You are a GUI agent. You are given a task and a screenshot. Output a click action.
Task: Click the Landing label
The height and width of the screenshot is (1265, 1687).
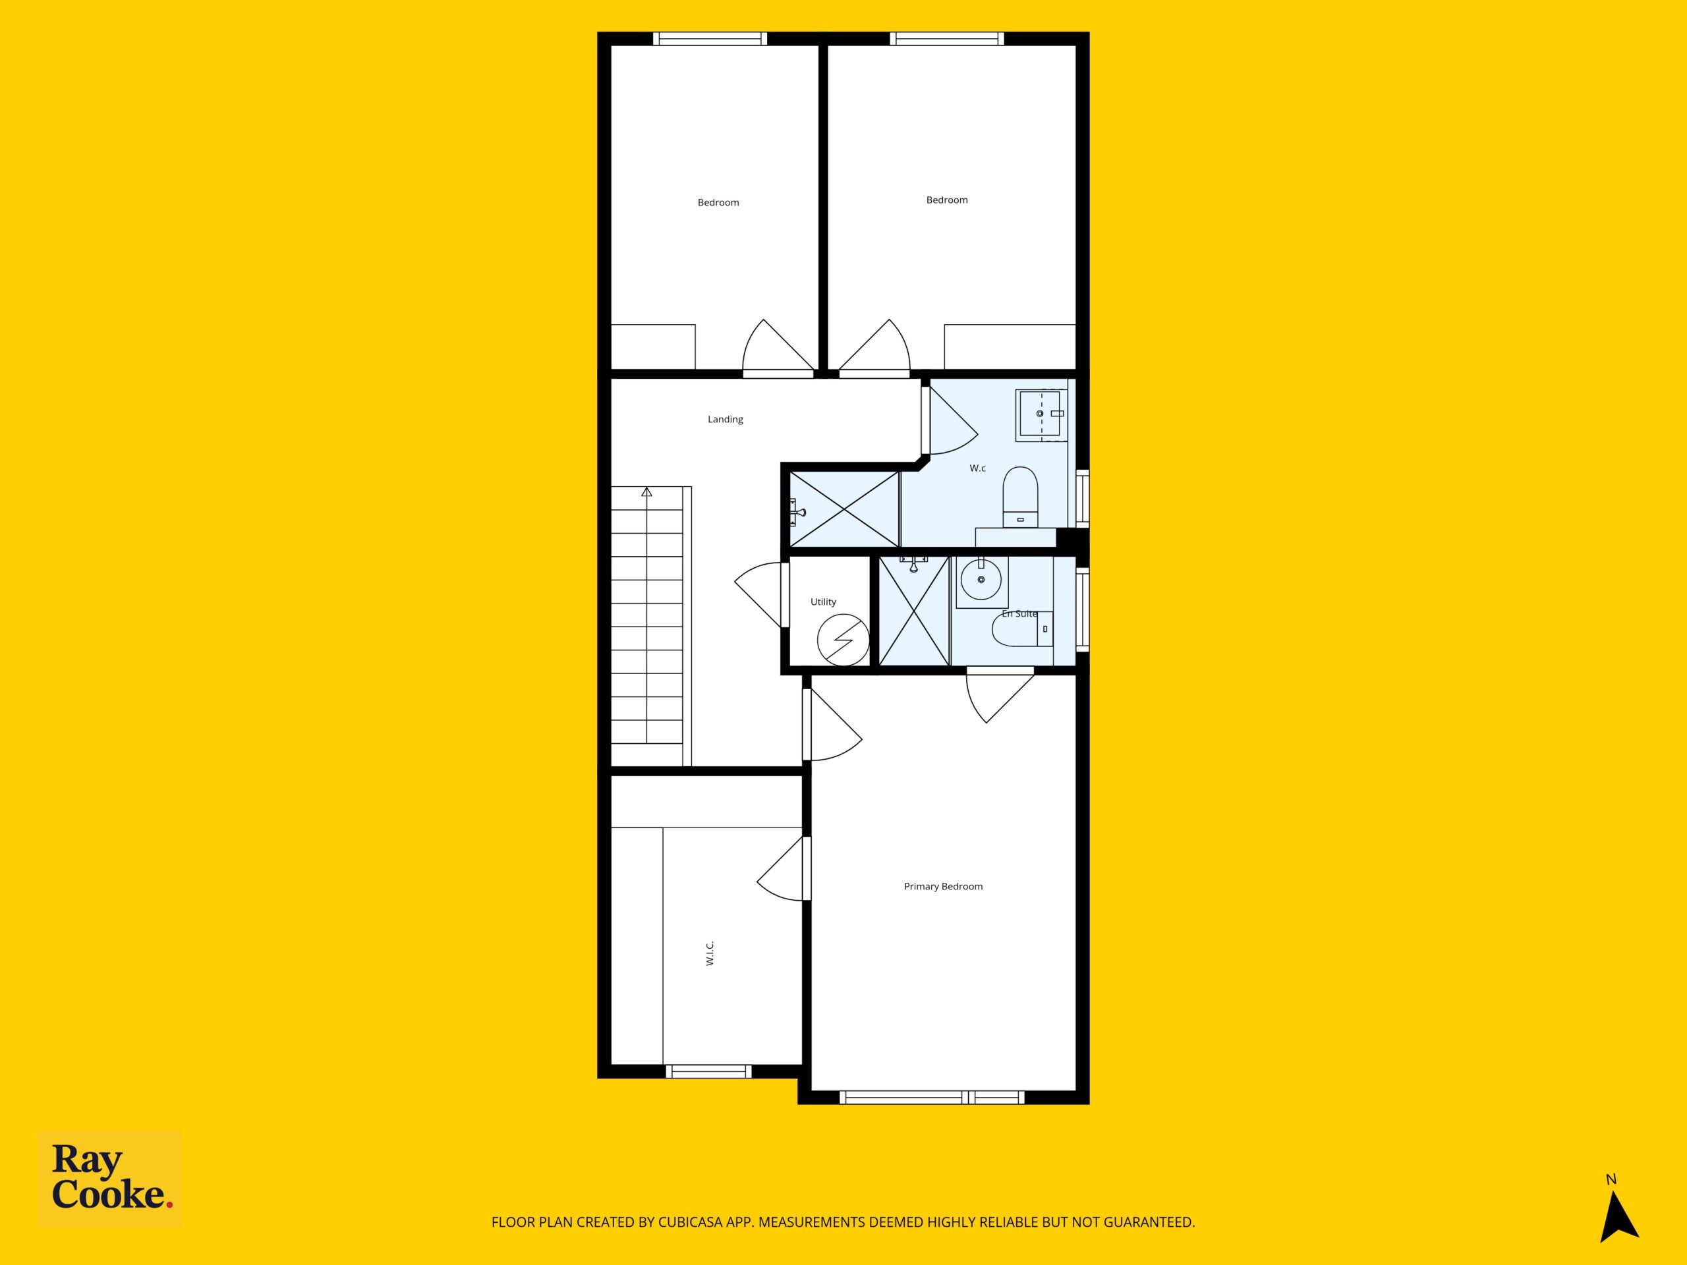click(726, 420)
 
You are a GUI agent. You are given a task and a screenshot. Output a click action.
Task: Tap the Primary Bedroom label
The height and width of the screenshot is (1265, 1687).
click(944, 886)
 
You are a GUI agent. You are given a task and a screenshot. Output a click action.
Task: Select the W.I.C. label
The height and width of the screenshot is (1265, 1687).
click(710, 953)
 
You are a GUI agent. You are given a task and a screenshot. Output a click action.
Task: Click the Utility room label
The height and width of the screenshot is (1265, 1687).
click(824, 602)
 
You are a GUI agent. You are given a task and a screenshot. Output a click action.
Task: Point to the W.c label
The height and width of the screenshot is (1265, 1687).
click(978, 468)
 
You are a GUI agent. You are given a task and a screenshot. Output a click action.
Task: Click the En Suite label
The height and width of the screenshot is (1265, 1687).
click(1019, 613)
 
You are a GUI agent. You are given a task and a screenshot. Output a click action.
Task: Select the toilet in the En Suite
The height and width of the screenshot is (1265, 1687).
click(1023, 629)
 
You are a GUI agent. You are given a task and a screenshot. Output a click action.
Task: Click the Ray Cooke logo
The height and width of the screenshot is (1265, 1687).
click(110, 1177)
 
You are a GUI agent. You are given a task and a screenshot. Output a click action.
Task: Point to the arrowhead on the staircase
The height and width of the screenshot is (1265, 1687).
click(646, 492)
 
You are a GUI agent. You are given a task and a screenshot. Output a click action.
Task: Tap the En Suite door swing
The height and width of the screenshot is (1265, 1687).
click(1000, 694)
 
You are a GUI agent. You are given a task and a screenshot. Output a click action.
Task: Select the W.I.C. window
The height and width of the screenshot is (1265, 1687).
click(708, 1071)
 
